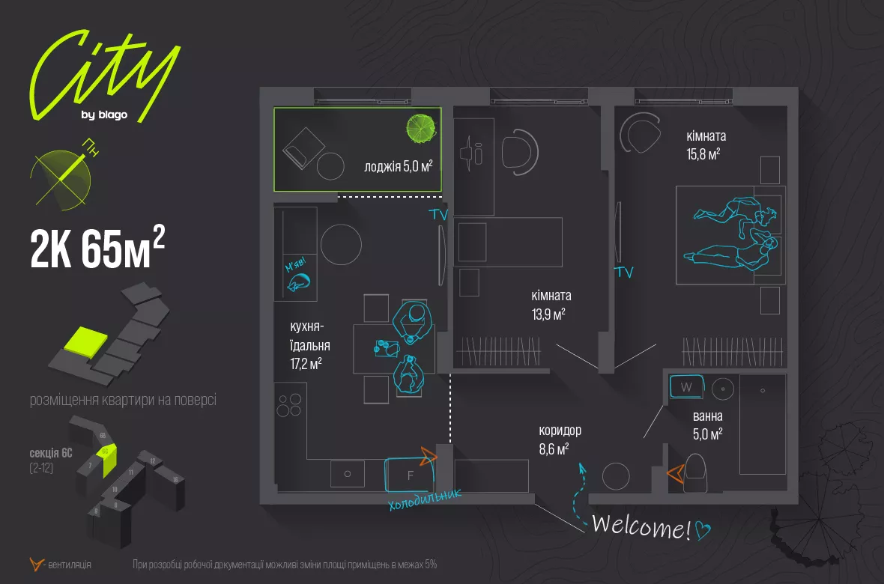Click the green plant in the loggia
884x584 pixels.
click(x=421, y=129)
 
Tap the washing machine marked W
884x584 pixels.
click(x=686, y=387)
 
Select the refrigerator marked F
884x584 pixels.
click(x=410, y=474)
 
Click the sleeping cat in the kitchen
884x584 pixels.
click(x=299, y=282)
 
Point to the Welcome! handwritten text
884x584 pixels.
click(x=641, y=527)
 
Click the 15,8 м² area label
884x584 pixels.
click(x=703, y=153)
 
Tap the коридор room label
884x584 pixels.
click(x=560, y=431)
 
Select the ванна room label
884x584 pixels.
click(x=708, y=417)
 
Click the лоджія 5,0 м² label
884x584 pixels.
click(x=399, y=166)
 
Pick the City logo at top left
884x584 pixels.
click(x=104, y=75)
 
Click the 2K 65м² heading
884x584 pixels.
click(x=97, y=249)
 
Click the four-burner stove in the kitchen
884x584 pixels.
click(x=291, y=404)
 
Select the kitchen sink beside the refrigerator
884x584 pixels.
click(x=348, y=474)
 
